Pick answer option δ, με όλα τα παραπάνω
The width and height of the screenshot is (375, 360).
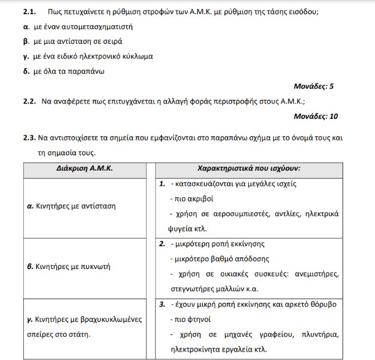click(65, 72)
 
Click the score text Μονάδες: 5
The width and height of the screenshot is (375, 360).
click(313, 87)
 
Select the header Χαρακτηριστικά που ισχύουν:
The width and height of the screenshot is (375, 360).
click(249, 169)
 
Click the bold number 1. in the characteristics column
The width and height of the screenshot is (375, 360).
click(162, 184)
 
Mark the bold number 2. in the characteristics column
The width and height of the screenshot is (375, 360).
click(162, 244)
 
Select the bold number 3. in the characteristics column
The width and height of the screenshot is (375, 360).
click(162, 304)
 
